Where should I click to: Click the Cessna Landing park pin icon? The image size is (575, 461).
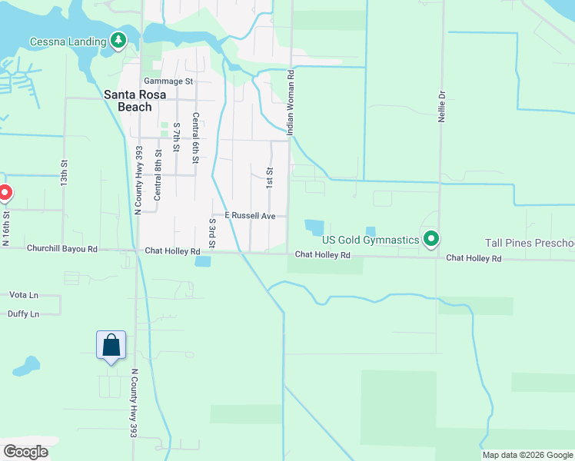point(118,40)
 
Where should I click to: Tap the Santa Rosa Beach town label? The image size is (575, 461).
point(128,101)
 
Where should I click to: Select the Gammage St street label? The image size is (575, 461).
point(168,81)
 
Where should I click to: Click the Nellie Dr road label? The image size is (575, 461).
point(442,104)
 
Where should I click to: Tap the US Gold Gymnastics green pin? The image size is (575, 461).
point(431,240)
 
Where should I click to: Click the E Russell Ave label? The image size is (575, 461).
point(250,216)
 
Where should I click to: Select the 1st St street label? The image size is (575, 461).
point(270,177)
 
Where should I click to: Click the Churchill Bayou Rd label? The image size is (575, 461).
point(62,249)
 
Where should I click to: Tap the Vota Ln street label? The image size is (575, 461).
point(23,294)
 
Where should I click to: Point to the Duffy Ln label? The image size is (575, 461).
point(24,313)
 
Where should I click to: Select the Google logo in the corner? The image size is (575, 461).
point(25,452)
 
